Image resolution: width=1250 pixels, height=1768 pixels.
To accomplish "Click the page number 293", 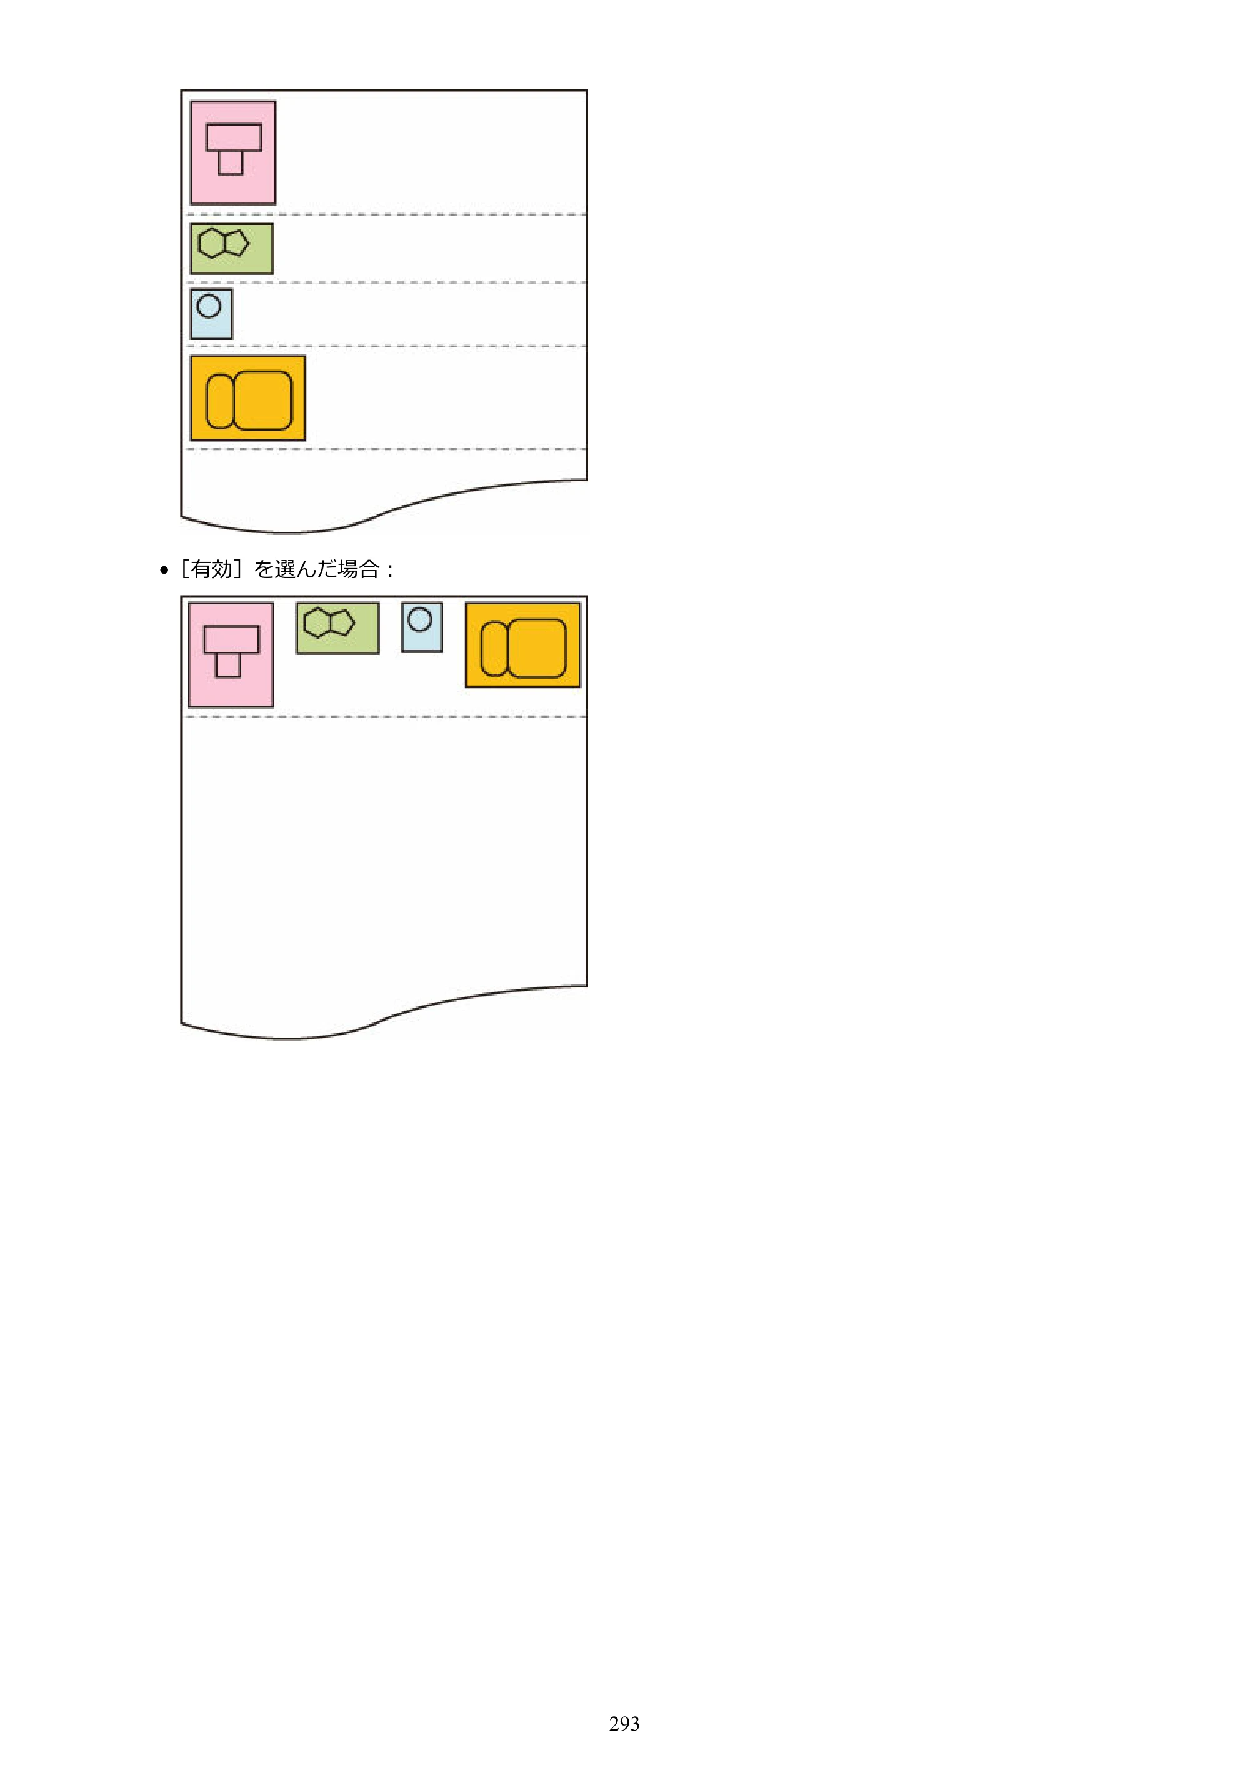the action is [x=624, y=1724].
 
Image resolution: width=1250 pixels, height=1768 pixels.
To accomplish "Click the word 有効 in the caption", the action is [x=212, y=569].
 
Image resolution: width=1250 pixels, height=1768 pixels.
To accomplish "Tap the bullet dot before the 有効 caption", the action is [x=164, y=571].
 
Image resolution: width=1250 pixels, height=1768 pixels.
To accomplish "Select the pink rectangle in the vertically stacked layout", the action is [x=233, y=152].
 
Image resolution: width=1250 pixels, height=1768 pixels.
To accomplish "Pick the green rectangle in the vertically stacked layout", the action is [x=232, y=249].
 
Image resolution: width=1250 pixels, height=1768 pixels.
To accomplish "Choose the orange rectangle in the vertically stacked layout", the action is [x=248, y=398].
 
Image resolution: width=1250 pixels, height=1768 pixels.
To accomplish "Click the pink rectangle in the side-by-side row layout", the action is [x=231, y=654].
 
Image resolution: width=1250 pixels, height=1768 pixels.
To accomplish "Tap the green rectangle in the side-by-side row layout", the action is [x=337, y=628].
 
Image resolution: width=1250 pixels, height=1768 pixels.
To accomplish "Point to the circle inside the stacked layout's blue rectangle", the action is [x=209, y=306].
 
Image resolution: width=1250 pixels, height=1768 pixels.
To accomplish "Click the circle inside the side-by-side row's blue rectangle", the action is [x=420, y=619].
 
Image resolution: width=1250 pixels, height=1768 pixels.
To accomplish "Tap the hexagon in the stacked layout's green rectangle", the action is [x=211, y=244].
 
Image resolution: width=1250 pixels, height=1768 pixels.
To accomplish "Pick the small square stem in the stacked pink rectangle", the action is [x=231, y=162].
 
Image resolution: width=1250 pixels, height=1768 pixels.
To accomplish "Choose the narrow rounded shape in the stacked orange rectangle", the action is [x=219, y=401].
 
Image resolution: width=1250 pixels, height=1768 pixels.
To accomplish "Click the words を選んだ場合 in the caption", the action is [x=316, y=569].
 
